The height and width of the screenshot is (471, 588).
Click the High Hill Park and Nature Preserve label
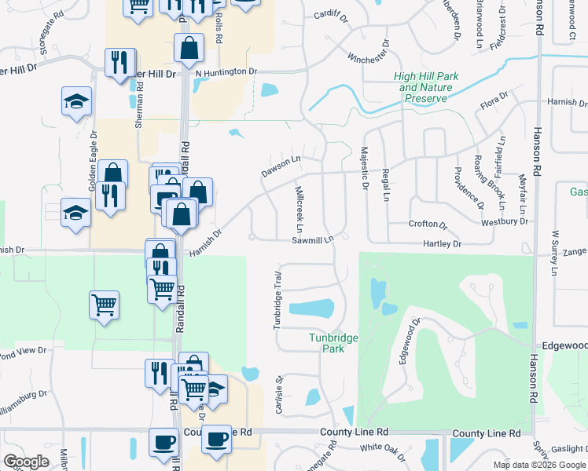coord(425,87)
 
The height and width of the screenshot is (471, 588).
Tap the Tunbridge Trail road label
coord(277,301)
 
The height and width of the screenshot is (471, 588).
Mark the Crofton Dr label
coord(428,224)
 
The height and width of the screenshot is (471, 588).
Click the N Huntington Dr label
coord(226,72)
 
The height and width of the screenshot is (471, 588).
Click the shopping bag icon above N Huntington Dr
coord(189,49)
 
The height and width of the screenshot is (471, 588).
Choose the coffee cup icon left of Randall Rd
coord(163,441)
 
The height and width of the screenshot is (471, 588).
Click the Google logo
coord(26,462)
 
